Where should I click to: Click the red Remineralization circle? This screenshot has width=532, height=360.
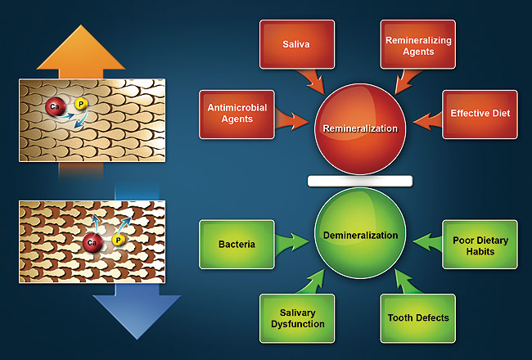pyautogui.click(x=360, y=128)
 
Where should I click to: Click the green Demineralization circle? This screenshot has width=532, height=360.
pyautogui.click(x=360, y=235)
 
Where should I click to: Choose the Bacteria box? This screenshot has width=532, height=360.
pyautogui.click(x=237, y=244)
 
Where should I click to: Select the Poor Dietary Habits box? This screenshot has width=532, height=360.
pyautogui.click(x=480, y=244)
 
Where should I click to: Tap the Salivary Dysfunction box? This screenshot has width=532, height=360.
pyautogui.click(x=292, y=317)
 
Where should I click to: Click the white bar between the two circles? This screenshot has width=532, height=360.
pyautogui.click(x=359, y=180)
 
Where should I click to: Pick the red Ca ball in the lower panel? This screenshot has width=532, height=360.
pyautogui.click(x=92, y=242)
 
